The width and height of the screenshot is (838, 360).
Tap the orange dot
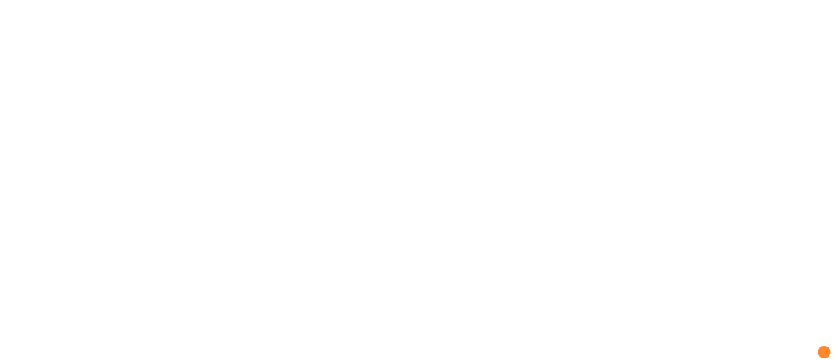tap(824, 351)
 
